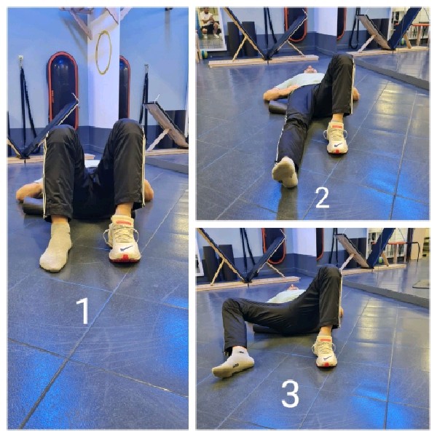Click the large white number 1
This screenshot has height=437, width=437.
click(x=83, y=311)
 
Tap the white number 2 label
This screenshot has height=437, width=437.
click(x=322, y=197)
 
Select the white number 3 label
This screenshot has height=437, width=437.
click(x=290, y=393)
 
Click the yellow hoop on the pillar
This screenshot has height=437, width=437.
click(x=103, y=52)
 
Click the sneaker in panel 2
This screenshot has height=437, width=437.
click(x=336, y=137)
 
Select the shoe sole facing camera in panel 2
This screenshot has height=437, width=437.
click(x=285, y=172)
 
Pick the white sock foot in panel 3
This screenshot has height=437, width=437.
click(x=233, y=361)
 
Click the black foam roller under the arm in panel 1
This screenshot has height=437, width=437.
click(x=33, y=205)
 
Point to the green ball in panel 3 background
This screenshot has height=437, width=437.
click(x=380, y=260)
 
